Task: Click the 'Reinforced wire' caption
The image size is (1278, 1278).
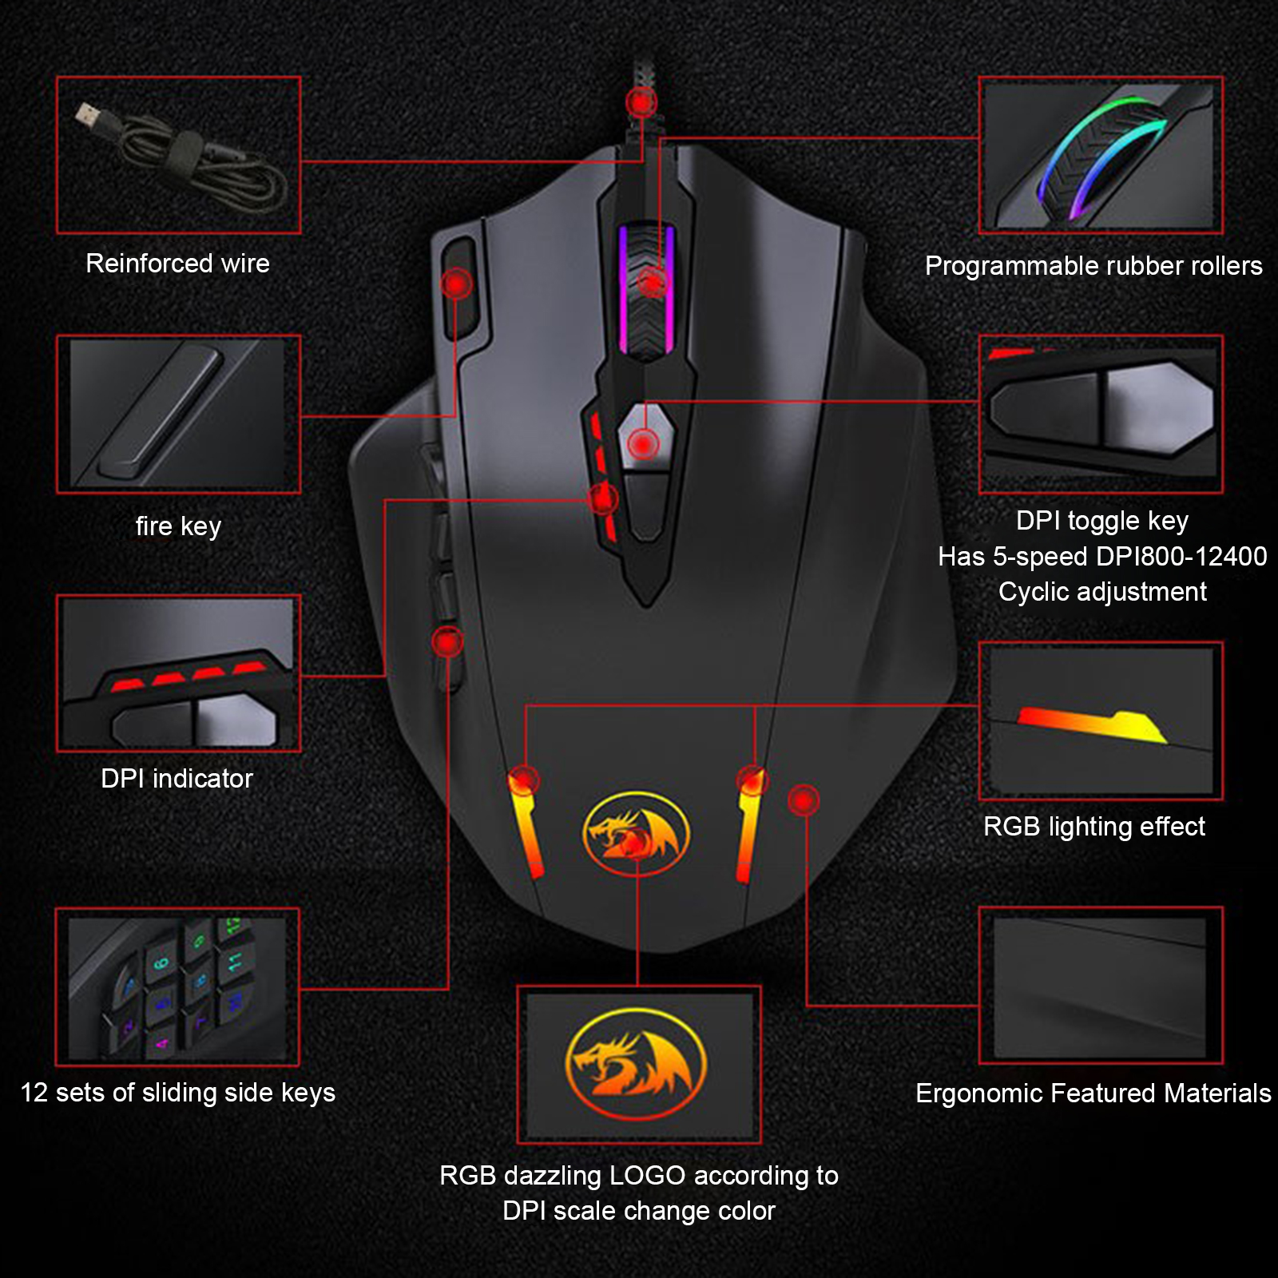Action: click(177, 264)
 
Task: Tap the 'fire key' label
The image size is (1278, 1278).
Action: click(178, 526)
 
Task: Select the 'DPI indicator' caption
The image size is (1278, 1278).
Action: click(177, 779)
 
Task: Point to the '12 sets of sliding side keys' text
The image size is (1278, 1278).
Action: click(177, 1093)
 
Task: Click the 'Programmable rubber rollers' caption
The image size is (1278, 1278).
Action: click(1093, 266)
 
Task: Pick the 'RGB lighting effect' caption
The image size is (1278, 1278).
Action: click(1094, 827)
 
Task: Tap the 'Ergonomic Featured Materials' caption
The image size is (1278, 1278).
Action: click(1093, 1093)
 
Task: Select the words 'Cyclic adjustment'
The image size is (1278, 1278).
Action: click(1102, 592)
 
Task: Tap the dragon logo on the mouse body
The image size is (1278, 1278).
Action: click(637, 834)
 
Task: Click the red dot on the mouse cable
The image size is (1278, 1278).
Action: click(641, 102)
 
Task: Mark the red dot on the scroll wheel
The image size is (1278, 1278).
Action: click(653, 281)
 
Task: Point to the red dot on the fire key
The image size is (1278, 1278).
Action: click(457, 283)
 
